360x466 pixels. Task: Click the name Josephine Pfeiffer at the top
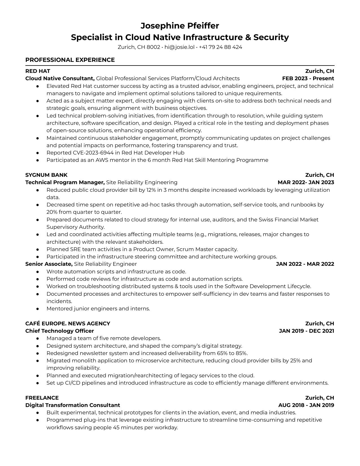(180, 26)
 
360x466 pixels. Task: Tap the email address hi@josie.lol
(179, 47)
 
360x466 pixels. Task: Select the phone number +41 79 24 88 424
(220, 47)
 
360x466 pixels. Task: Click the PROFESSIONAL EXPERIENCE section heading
(70, 60)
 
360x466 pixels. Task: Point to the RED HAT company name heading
(38, 71)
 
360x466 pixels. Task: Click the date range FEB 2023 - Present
(308, 79)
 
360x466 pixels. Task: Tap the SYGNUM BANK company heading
(46, 175)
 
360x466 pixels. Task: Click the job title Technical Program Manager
(65, 182)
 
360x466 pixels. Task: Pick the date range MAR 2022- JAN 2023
(306, 182)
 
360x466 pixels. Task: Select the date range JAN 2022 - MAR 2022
(305, 264)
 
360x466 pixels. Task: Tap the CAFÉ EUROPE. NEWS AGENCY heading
(68, 323)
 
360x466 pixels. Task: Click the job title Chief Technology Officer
(60, 331)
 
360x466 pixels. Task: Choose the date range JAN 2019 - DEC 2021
(306, 331)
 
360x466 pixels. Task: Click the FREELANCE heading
(42, 398)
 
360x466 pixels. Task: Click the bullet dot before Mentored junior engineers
(38, 309)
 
